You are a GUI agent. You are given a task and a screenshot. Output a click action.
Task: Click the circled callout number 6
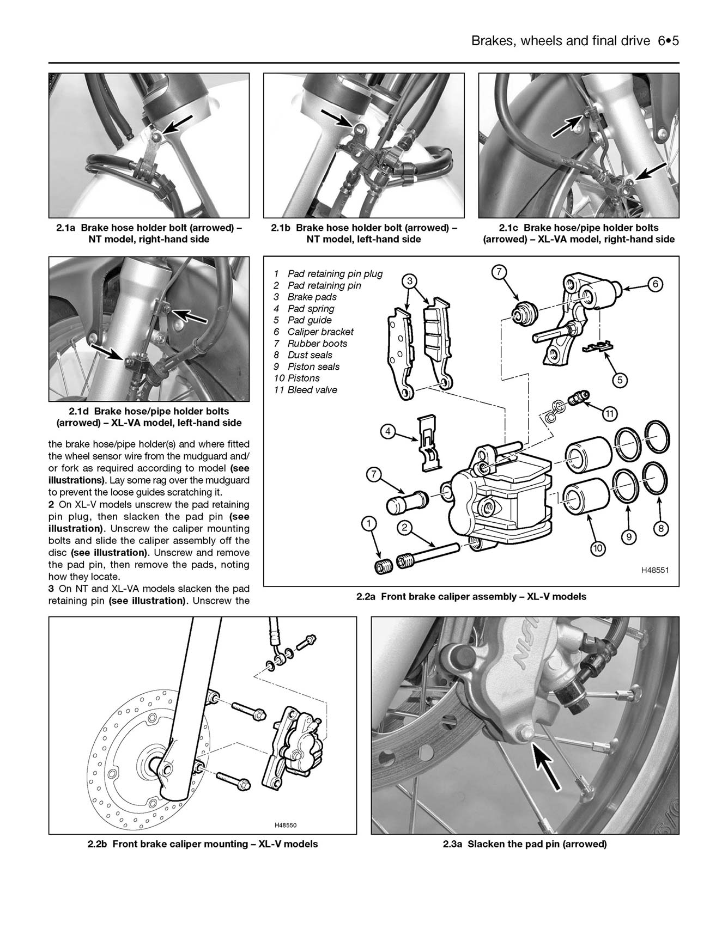tap(656, 284)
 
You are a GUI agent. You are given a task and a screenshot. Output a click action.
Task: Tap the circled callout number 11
tap(609, 414)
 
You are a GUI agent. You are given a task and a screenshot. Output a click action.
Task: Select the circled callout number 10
tap(598, 548)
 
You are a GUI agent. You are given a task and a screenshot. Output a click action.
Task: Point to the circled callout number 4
tap(387, 432)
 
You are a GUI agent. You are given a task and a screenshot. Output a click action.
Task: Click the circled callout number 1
tap(369, 524)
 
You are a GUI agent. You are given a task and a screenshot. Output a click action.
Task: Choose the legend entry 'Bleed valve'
tap(312, 390)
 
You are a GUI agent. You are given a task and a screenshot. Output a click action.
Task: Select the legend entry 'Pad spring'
tap(311, 309)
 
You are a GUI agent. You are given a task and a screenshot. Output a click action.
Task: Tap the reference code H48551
tap(654, 570)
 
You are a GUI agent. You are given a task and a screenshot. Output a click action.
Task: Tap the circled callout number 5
tap(619, 380)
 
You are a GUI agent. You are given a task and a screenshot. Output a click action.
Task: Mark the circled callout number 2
tap(404, 527)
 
